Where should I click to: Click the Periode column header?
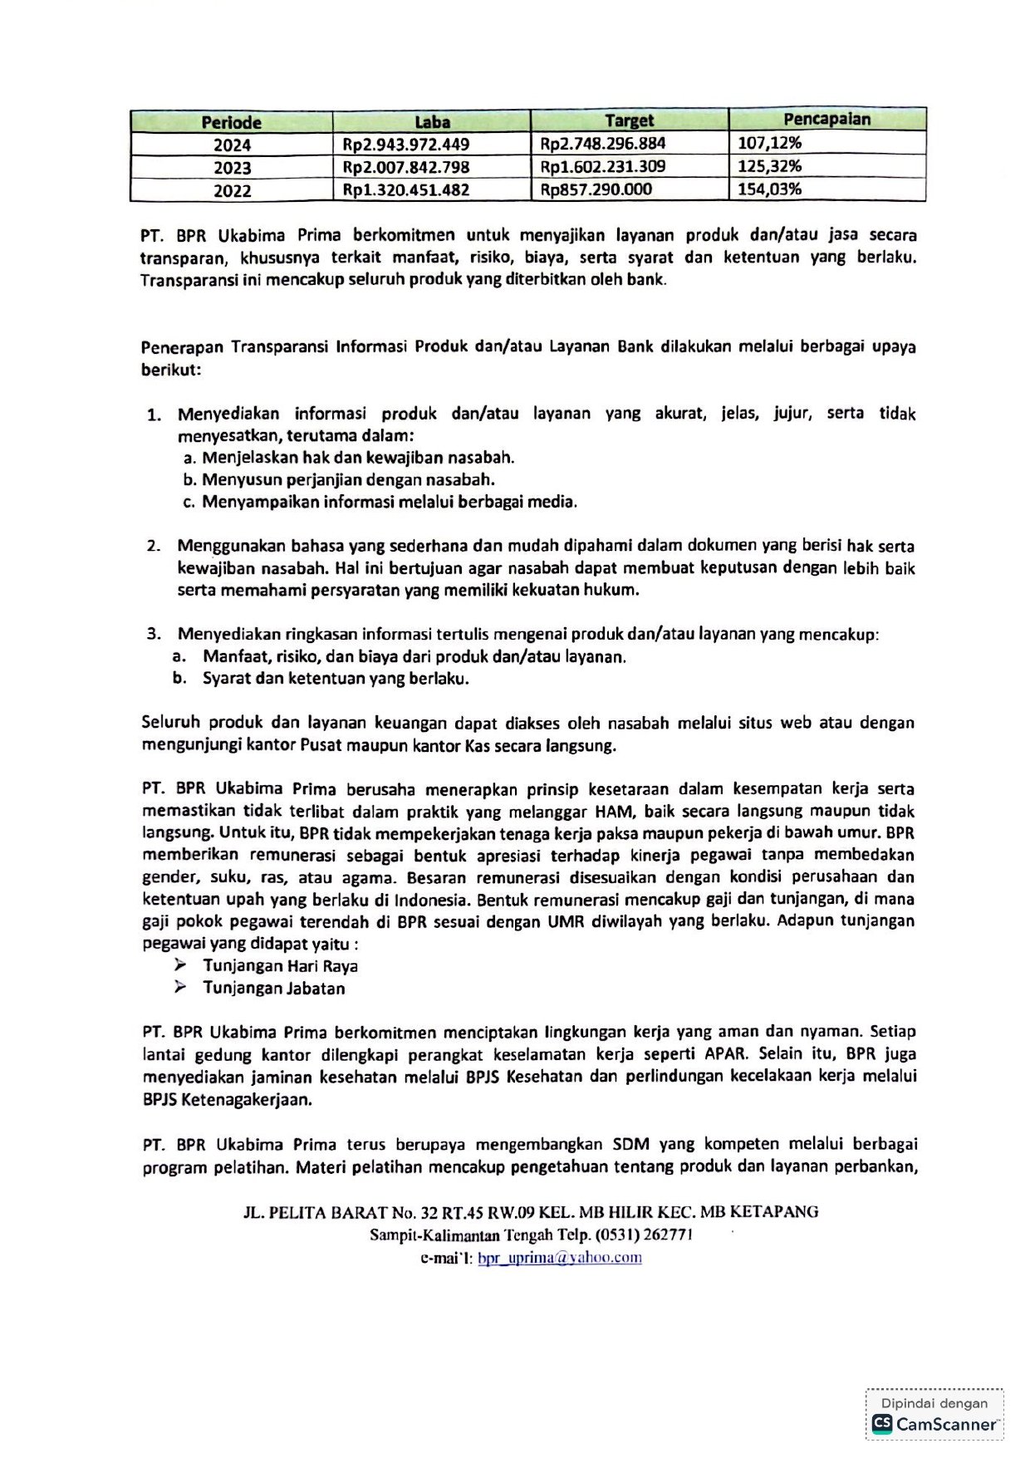coord(231,122)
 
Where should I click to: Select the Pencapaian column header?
coord(826,120)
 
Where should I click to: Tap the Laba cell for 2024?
coord(406,145)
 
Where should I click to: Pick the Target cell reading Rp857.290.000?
coord(596,189)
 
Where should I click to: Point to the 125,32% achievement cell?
coord(770,166)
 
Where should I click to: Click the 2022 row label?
coord(232,190)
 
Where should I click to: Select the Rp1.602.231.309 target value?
coord(602,166)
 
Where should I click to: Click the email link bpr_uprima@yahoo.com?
coord(559,1258)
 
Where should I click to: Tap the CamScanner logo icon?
coord(882,1424)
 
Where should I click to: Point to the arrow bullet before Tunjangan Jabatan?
coord(180,987)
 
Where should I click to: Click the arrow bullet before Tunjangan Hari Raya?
coord(180,965)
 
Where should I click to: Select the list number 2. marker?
coord(154,546)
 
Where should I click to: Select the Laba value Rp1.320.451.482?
coord(406,190)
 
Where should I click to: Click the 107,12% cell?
coord(770,143)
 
